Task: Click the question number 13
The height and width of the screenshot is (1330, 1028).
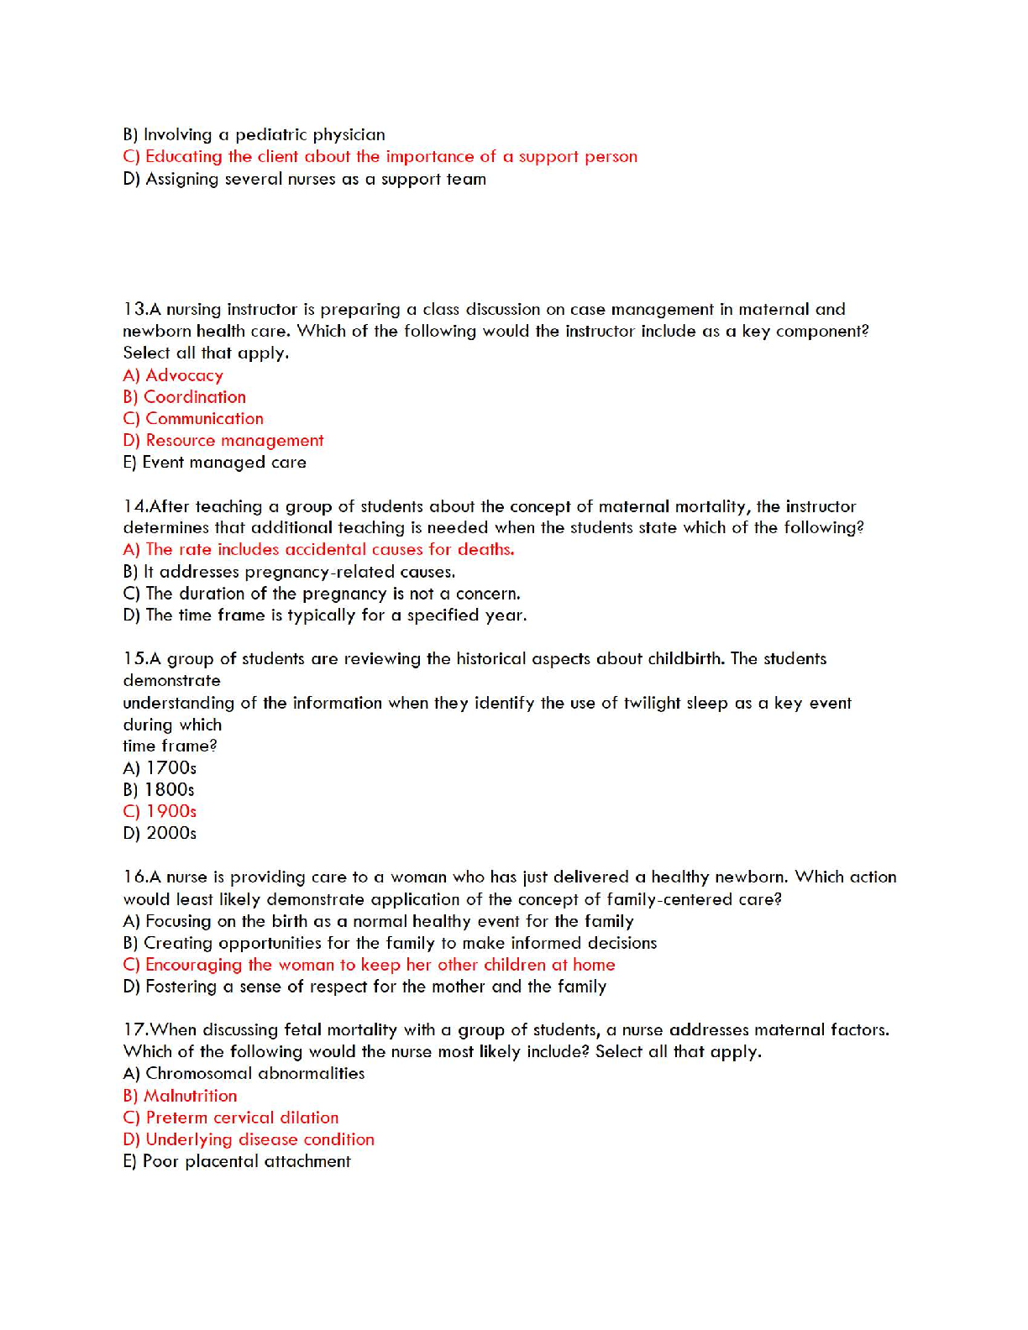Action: [134, 310]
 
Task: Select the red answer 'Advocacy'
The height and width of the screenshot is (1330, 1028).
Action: [184, 375]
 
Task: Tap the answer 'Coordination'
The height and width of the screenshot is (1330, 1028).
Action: [194, 397]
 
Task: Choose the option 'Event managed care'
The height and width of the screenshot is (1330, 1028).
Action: [223, 463]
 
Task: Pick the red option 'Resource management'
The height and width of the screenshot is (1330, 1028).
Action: [234, 441]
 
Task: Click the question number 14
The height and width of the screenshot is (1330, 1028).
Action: [134, 506]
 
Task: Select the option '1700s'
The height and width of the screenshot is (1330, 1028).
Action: [170, 768]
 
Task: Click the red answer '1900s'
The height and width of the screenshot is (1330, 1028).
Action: [170, 812]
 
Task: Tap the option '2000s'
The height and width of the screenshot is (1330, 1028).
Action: [170, 834]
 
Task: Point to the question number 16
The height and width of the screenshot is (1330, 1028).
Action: [134, 877]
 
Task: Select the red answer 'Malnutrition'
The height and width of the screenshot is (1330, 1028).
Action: [190, 1096]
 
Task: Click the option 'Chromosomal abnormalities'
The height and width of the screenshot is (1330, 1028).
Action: [254, 1074]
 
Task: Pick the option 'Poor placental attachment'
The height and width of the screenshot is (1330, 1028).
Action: [246, 1161]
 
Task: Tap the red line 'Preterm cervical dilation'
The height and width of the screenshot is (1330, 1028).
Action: [242, 1118]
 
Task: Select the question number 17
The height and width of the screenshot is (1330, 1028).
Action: [134, 1030]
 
